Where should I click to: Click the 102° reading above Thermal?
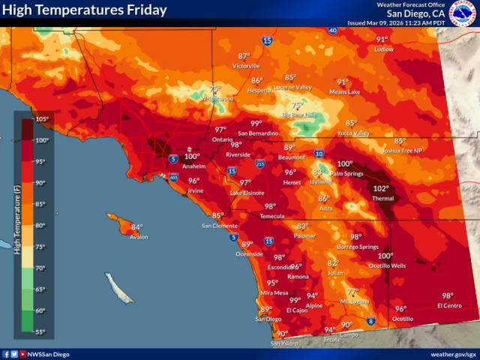tap(381, 189)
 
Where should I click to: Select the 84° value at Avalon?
tap(136, 227)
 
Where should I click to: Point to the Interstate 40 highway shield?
tap(332, 31)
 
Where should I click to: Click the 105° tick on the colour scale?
tap(41, 119)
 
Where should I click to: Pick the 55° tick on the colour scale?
tap(41, 331)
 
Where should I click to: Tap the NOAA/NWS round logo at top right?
tap(463, 13)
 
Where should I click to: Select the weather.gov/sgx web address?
tap(453, 353)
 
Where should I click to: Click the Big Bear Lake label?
tap(299, 115)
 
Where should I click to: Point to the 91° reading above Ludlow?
tap(382, 40)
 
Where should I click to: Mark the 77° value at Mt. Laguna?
tap(352, 292)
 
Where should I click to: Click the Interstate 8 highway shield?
tap(370, 322)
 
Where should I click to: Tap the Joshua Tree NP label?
tap(402, 150)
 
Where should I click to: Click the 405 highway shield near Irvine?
tap(173, 178)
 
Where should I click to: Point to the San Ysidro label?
tap(284, 343)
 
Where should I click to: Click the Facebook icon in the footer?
tap(6, 353)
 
